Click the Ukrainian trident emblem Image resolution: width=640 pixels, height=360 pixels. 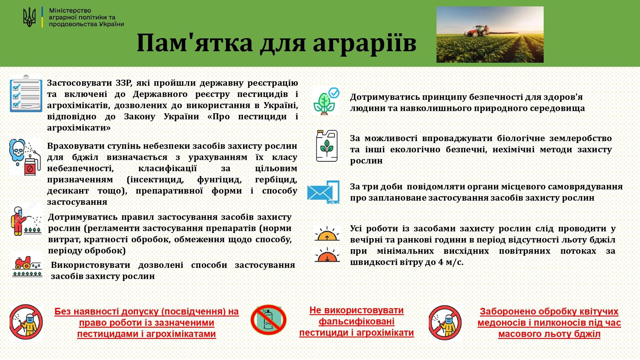pos(29,17)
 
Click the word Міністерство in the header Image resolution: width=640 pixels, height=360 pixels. pos(70,10)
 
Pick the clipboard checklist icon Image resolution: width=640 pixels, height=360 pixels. pos(26,93)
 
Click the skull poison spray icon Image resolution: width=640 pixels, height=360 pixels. pos(25,157)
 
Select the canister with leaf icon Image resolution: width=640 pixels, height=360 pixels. pos(327,146)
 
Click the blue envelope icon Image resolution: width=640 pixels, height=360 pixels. pos(323,192)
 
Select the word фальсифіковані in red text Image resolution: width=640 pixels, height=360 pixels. pos(356,322)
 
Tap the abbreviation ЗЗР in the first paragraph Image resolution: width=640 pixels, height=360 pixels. pos(124,83)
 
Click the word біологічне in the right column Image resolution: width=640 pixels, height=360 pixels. pos(521,138)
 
